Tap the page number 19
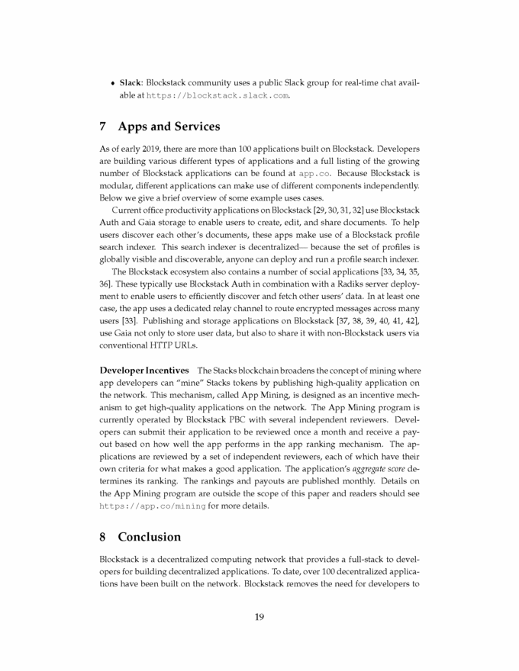(x=259, y=617)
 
